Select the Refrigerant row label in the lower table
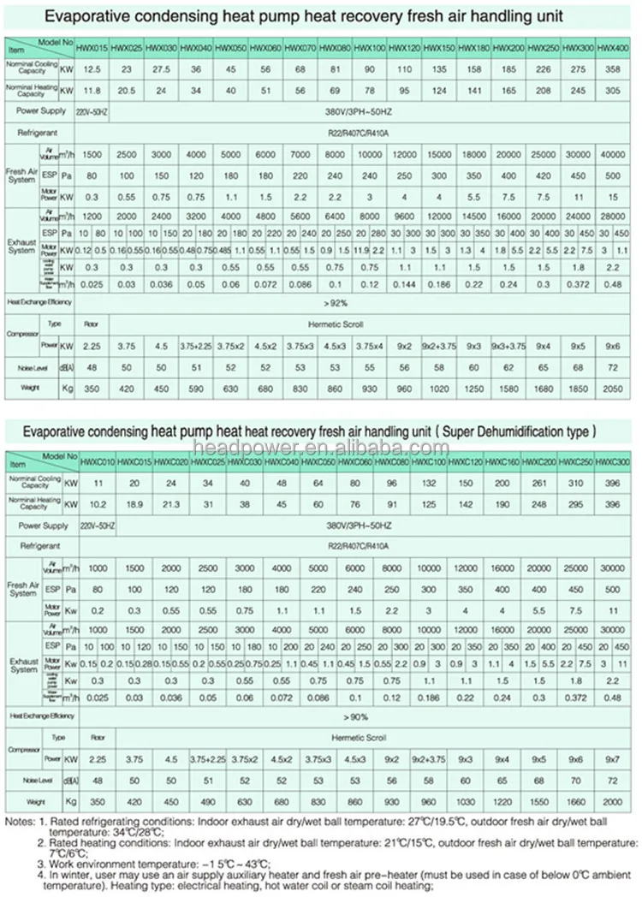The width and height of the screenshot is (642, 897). click(x=39, y=545)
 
